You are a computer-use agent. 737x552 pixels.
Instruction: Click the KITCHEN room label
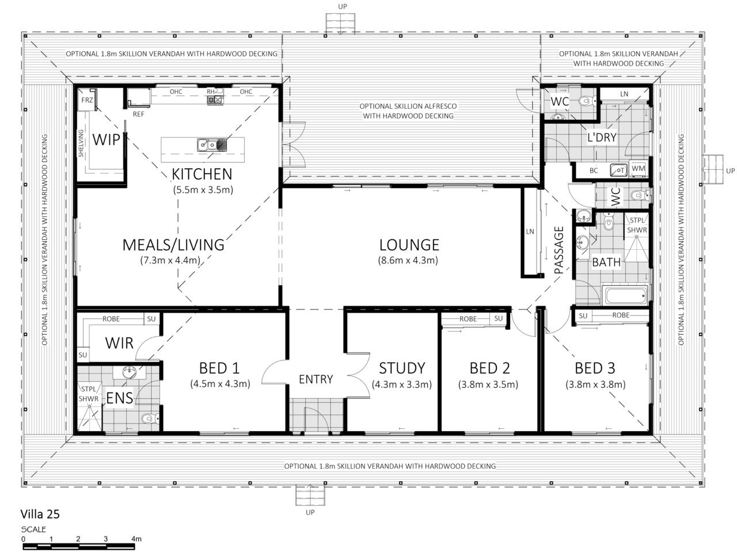coord(202,174)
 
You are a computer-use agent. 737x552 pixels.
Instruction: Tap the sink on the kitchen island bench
coord(211,145)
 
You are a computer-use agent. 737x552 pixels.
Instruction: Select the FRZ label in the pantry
coord(87,100)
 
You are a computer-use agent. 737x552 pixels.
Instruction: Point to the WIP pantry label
coord(106,139)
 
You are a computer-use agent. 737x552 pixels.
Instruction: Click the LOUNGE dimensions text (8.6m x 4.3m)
coord(408,260)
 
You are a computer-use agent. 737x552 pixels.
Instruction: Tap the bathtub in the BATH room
coord(624,296)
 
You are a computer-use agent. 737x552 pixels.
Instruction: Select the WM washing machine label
coord(638,168)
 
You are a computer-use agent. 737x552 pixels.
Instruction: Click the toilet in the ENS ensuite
coord(150,418)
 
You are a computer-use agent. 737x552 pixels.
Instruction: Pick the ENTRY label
coord(316,379)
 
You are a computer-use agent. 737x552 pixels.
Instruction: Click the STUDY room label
coord(402,368)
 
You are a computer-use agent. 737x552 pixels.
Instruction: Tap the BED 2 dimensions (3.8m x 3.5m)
coord(488,385)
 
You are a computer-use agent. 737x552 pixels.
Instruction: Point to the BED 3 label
coord(595,368)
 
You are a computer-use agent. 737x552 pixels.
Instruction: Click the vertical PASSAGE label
coord(559,250)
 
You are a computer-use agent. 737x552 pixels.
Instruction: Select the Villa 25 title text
coord(40,514)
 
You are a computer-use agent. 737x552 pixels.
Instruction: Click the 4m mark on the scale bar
coord(136,539)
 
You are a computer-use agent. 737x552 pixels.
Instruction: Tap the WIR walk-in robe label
coord(119,343)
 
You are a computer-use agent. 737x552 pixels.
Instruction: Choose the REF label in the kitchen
coord(138,114)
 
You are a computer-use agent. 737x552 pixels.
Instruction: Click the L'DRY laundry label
coord(601,137)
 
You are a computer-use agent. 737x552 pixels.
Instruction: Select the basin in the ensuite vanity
coord(130,372)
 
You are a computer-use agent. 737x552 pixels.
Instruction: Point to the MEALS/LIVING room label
coord(173,245)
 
